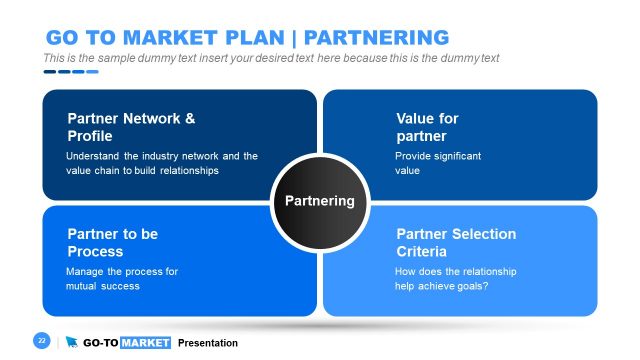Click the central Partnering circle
(319, 201)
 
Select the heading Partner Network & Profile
(130, 127)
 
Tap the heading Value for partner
(427, 127)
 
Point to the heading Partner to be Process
(112, 242)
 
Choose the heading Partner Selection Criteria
(456, 242)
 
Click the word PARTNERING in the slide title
(376, 38)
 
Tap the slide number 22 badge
(42, 341)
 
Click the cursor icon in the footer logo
(72, 342)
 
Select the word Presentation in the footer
(208, 343)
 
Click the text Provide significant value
(438, 163)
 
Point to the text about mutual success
(122, 278)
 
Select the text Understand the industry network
(161, 156)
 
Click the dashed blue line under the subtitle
(70, 71)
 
